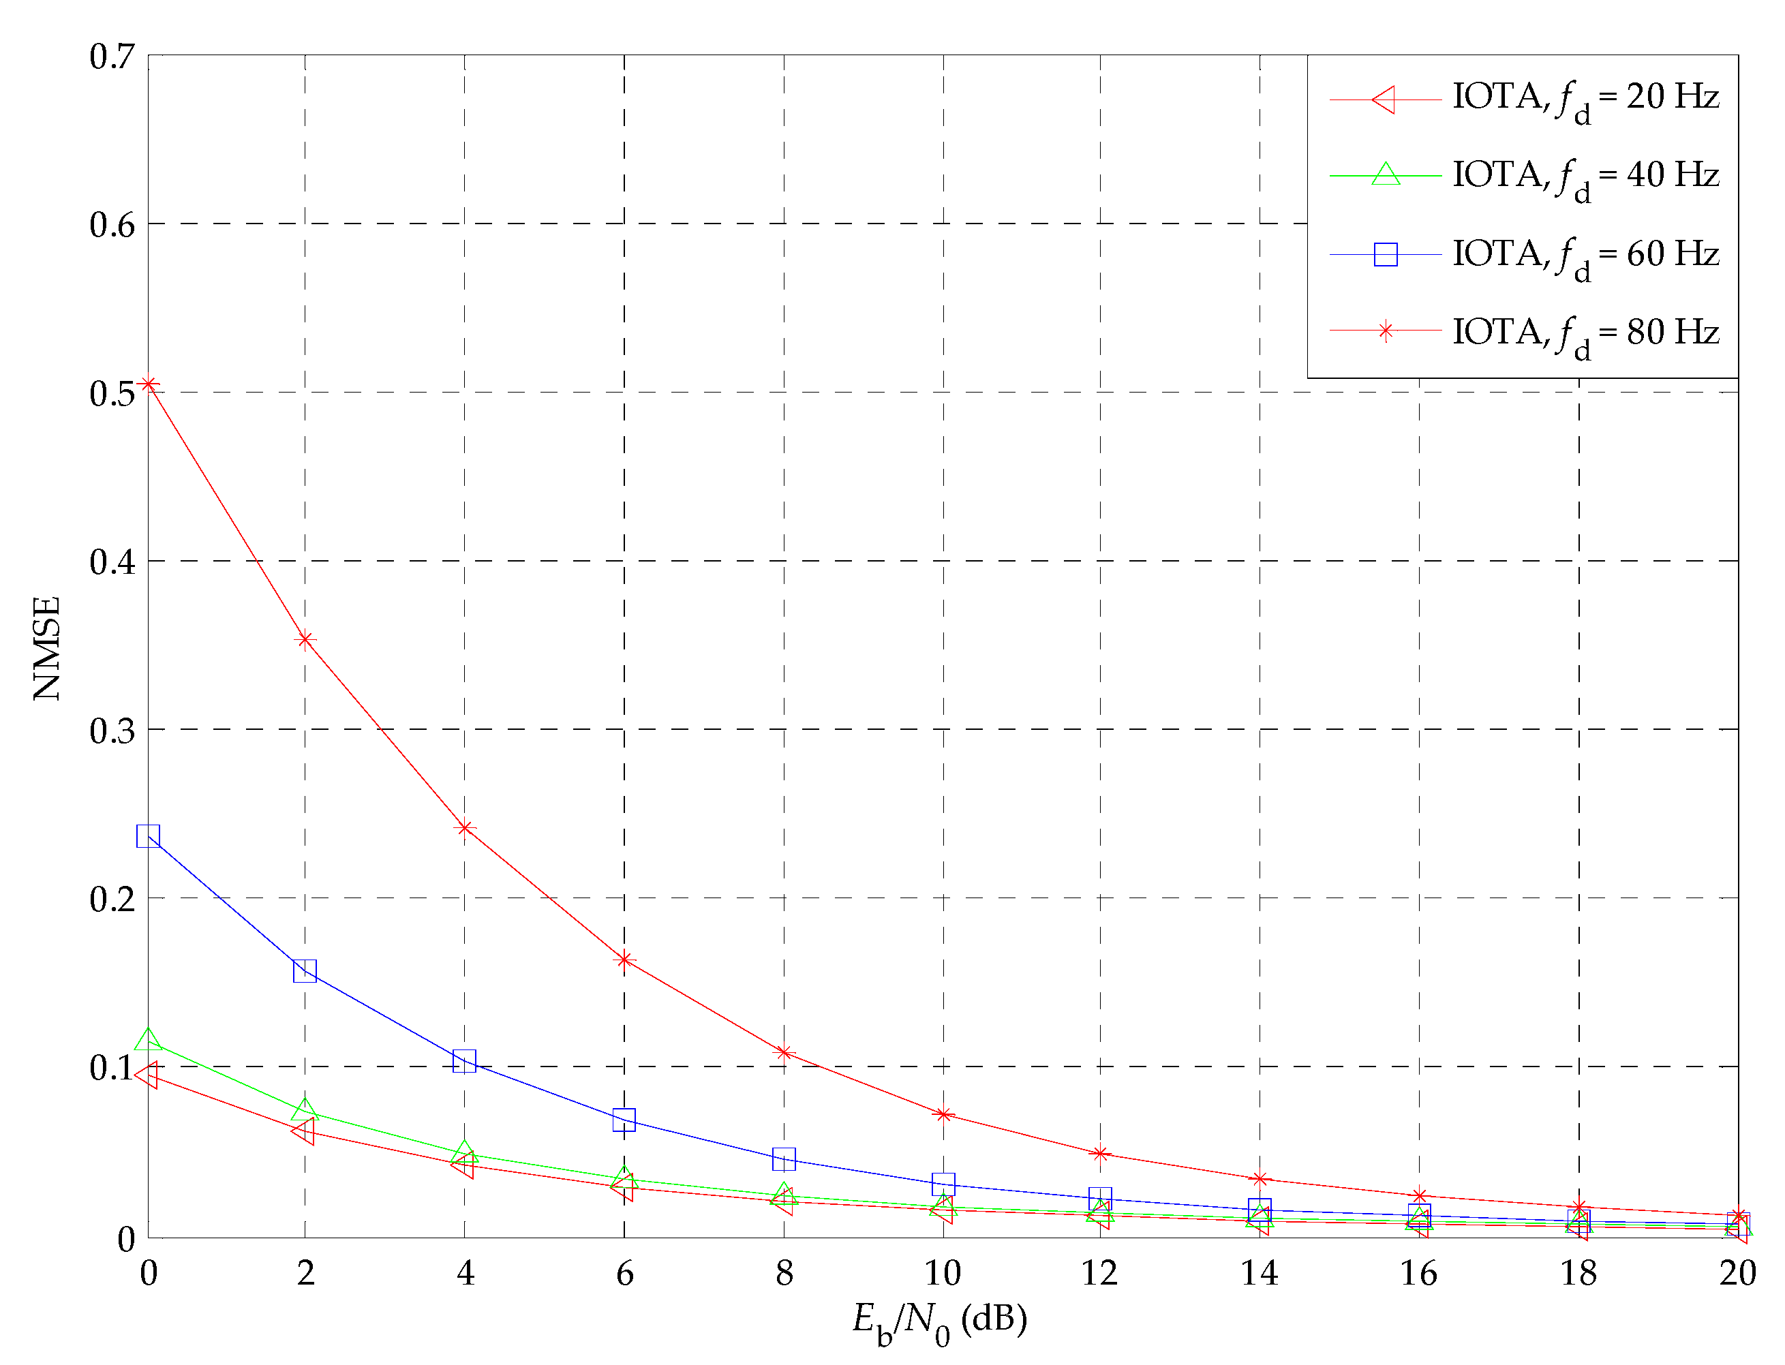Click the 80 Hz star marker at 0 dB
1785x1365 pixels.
click(149, 384)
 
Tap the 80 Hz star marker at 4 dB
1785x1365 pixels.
click(465, 828)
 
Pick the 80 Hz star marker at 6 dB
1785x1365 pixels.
click(624, 960)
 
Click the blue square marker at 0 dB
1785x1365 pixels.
click(149, 836)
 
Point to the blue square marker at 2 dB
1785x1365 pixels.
click(305, 971)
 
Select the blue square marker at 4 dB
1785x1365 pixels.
click(465, 1061)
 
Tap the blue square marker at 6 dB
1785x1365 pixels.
click(624, 1120)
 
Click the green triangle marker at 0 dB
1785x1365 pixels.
click(149, 1040)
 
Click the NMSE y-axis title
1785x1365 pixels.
click(48, 647)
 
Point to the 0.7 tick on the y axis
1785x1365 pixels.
click(112, 57)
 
